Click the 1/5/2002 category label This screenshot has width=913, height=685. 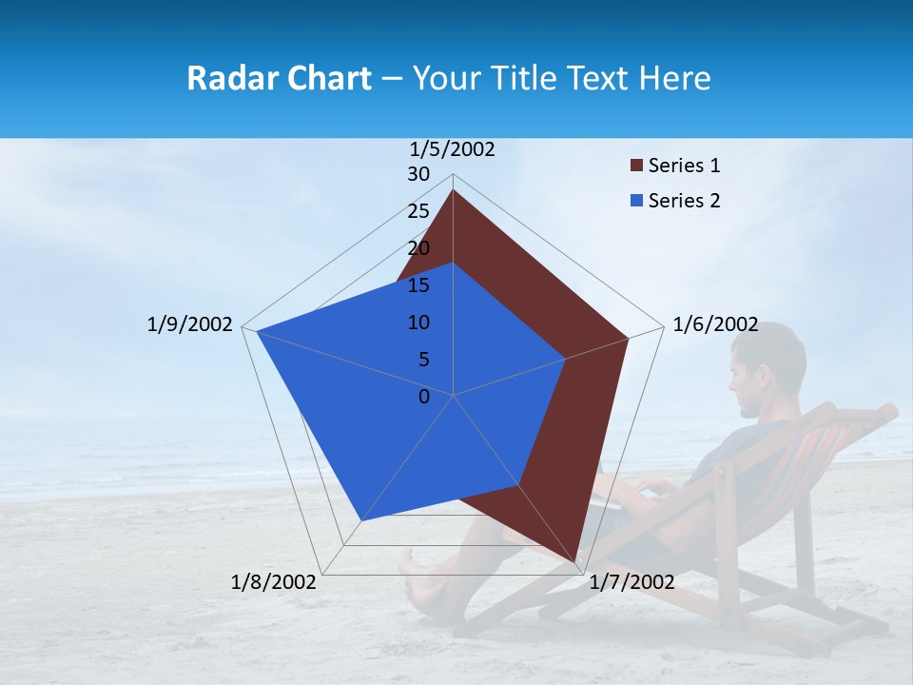pos(453,149)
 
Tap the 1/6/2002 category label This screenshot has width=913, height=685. pos(715,324)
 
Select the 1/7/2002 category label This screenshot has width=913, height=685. pos(631,582)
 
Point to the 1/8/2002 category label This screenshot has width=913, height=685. pos(274,582)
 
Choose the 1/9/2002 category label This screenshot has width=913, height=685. pos(189,324)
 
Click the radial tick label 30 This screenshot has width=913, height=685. pos(418,174)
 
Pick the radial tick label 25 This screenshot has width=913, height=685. pos(418,211)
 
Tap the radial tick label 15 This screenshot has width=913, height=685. pos(418,285)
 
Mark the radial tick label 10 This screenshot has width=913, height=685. pos(418,323)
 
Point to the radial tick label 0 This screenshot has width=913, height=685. pos(424,397)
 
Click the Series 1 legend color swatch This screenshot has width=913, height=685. pos(634,166)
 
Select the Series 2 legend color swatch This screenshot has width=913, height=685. pos(634,201)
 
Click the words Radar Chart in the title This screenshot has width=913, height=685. pos(279,78)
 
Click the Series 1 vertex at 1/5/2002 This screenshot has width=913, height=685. pos(453,190)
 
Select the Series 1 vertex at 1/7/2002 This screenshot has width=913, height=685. pos(576,561)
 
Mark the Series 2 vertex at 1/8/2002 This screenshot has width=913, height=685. pos(361,520)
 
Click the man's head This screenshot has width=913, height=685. pos(768,366)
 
